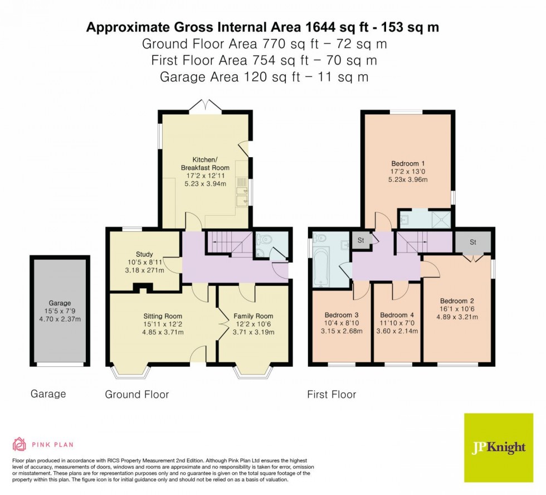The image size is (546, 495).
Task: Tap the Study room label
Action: click(144, 254)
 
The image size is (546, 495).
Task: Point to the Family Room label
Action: click(253, 316)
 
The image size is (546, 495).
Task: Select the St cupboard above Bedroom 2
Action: click(473, 242)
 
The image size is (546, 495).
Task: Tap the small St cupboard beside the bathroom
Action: click(360, 241)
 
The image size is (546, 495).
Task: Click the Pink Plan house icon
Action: click(19, 444)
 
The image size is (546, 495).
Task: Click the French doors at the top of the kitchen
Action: click(204, 105)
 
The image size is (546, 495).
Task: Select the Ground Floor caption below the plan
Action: click(136, 395)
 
